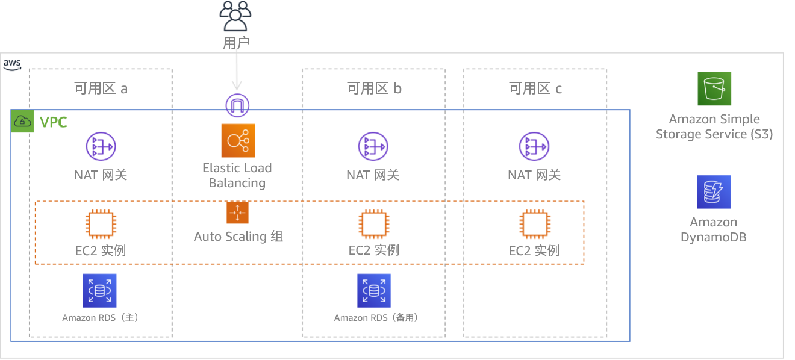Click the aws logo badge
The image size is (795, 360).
coord(12,64)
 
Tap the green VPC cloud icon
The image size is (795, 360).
coord(23,122)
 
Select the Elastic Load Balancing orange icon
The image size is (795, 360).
coord(238,141)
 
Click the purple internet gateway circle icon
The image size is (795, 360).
coord(237,105)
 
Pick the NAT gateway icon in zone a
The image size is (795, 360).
coord(101,147)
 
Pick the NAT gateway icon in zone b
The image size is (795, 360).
coord(373,147)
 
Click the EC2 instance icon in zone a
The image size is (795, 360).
coord(101,225)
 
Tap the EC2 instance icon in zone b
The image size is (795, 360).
coord(373,225)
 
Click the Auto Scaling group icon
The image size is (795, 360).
coord(237,213)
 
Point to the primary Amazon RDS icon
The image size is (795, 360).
coord(99,291)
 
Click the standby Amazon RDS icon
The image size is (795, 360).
coord(373,291)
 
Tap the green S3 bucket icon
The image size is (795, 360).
coord(714,89)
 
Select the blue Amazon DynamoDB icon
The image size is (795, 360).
coord(714,192)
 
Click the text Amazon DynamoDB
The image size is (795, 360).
coord(714,230)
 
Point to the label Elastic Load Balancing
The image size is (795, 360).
coord(237,175)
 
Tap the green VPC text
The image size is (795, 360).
coord(53,123)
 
